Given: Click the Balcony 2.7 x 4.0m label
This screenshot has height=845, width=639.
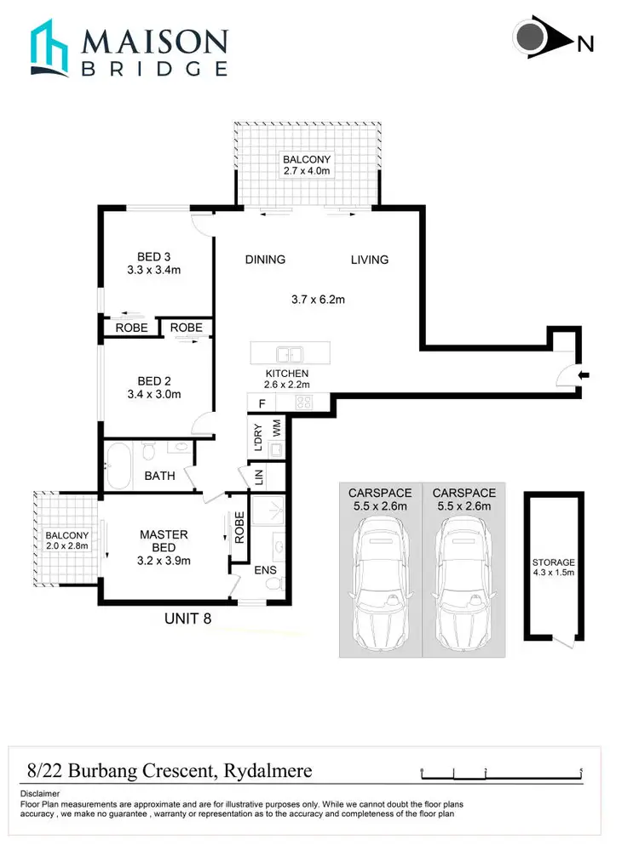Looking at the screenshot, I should click(307, 165).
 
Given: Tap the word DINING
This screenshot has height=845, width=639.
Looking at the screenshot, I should click(265, 260).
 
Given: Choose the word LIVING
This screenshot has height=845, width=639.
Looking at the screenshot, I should click(369, 260).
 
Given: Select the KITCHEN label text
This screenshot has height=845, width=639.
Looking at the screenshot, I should click(286, 374).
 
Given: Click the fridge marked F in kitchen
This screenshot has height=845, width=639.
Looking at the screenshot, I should click(261, 403).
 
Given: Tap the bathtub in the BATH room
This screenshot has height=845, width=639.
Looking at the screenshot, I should click(118, 467).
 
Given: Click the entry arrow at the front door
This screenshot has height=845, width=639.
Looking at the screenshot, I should click(583, 374).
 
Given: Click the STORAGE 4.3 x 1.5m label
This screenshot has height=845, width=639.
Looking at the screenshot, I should click(553, 568).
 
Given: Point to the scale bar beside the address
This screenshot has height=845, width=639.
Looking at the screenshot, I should click(501, 773).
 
